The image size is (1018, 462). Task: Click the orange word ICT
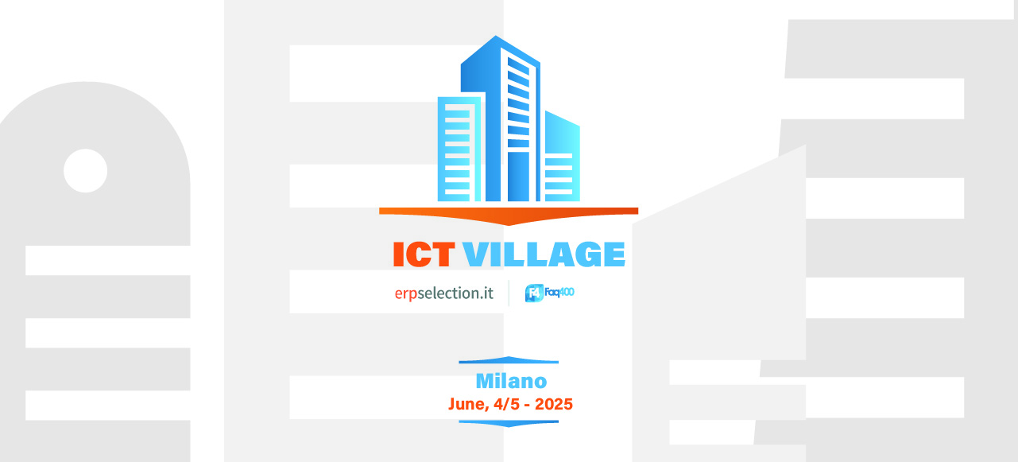(424, 254)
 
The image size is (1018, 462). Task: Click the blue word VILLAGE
(544, 254)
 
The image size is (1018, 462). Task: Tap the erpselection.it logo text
(444, 293)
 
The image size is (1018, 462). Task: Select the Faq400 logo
(549, 293)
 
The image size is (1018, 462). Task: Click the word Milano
(511, 381)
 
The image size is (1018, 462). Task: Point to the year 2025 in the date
(554, 404)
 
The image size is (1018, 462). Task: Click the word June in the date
(468, 404)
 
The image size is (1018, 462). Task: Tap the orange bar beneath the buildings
(509, 214)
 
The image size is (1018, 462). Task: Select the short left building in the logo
(458, 149)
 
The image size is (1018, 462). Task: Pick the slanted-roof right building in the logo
(563, 157)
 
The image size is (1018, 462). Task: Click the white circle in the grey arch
(86, 170)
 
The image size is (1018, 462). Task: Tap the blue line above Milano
(509, 360)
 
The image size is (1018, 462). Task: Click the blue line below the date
(509, 424)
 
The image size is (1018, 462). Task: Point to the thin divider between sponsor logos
(509, 293)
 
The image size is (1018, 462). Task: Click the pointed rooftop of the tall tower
(495, 36)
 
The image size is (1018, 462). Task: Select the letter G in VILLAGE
(588, 254)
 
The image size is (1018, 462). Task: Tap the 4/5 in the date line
(507, 404)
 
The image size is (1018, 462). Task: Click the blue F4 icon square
(534, 293)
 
